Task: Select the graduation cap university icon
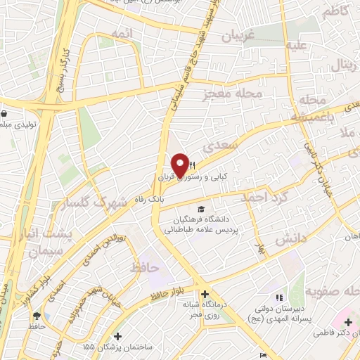(x=202, y=210)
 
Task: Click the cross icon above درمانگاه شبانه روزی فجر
(x=204, y=294)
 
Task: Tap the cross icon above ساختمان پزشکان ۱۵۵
(x=117, y=337)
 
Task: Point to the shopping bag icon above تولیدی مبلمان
(x=5, y=112)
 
